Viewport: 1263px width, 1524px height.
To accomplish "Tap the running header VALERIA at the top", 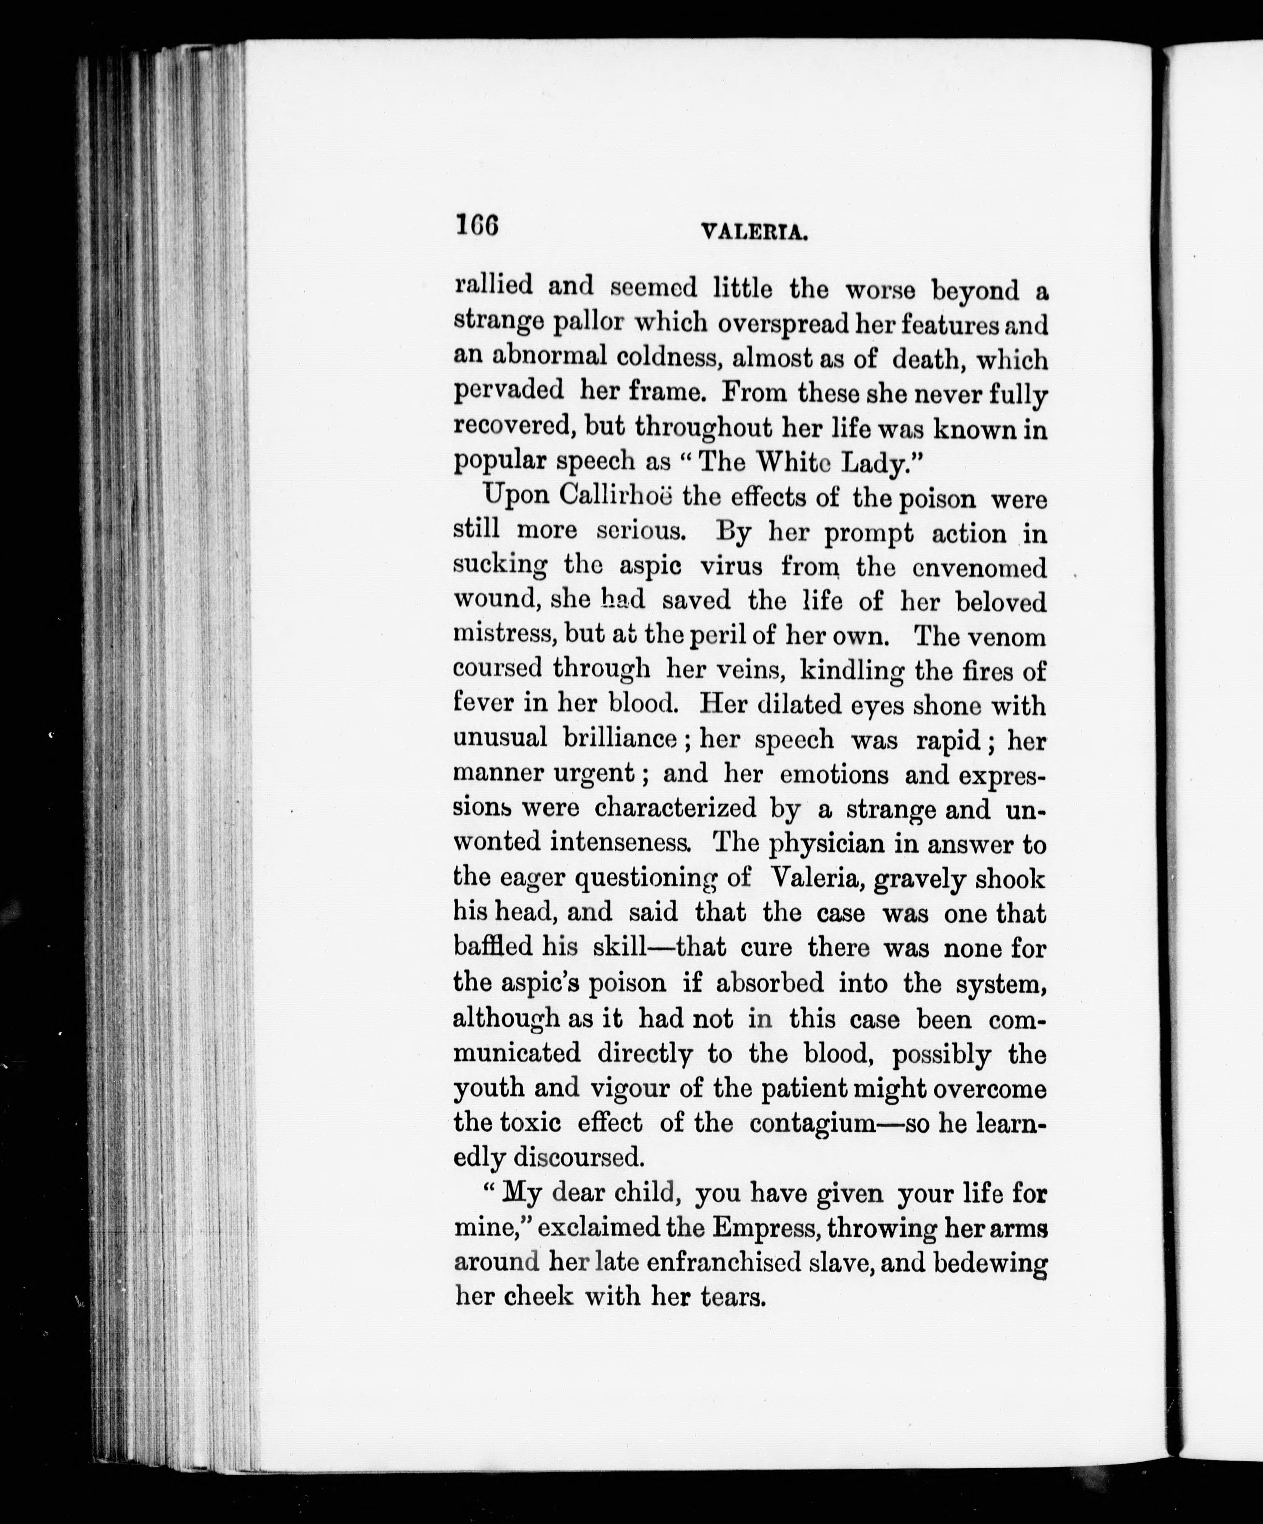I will click(x=754, y=232).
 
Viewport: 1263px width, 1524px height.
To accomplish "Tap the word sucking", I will click(x=500, y=565).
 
